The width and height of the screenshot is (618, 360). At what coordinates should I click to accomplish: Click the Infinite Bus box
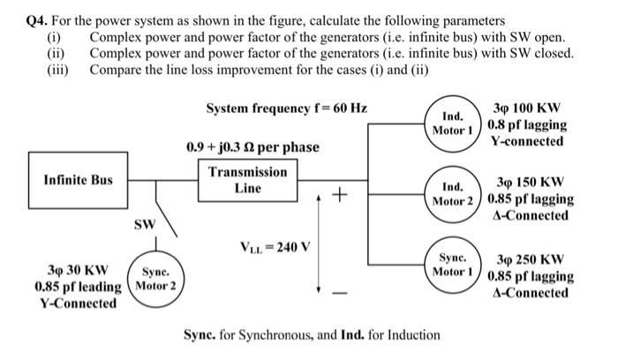click(x=79, y=181)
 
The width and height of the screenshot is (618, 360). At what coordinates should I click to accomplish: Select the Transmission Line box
click(x=248, y=180)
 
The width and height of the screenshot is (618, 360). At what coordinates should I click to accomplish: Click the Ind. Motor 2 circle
click(x=452, y=193)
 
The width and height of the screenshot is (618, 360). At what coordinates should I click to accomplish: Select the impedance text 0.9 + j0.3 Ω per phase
click(x=252, y=146)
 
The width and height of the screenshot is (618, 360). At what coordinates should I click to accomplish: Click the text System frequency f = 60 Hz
click(x=286, y=109)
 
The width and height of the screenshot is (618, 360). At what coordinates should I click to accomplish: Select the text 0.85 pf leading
click(x=78, y=287)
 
